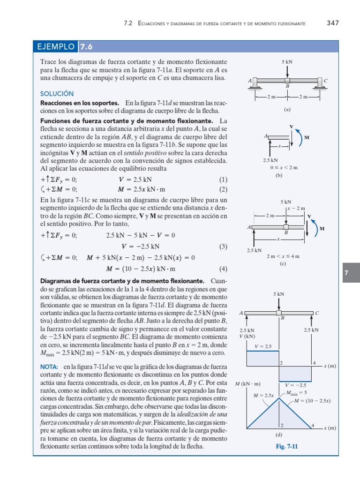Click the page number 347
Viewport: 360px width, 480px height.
pos(332,22)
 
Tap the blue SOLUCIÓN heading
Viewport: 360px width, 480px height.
pos(57,94)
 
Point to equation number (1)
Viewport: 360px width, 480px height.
pos(223,180)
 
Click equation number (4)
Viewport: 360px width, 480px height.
pos(223,269)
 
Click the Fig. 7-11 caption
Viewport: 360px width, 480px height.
pos(287,447)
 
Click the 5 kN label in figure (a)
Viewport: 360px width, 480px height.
pos(287,62)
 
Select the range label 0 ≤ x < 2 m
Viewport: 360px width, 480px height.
pos(284,167)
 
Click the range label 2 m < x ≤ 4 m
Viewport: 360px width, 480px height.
pos(283,256)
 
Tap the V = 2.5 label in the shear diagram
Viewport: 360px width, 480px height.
pos(263,346)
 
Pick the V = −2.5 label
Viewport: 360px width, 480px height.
pos(295,385)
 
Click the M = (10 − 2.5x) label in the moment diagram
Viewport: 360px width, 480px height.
pos(312,401)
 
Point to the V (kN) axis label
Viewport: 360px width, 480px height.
pos(247,336)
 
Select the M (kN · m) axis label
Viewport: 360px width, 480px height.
pos(247,384)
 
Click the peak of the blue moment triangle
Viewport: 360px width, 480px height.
pos(279,398)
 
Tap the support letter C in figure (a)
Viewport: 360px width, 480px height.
pos(325,81)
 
